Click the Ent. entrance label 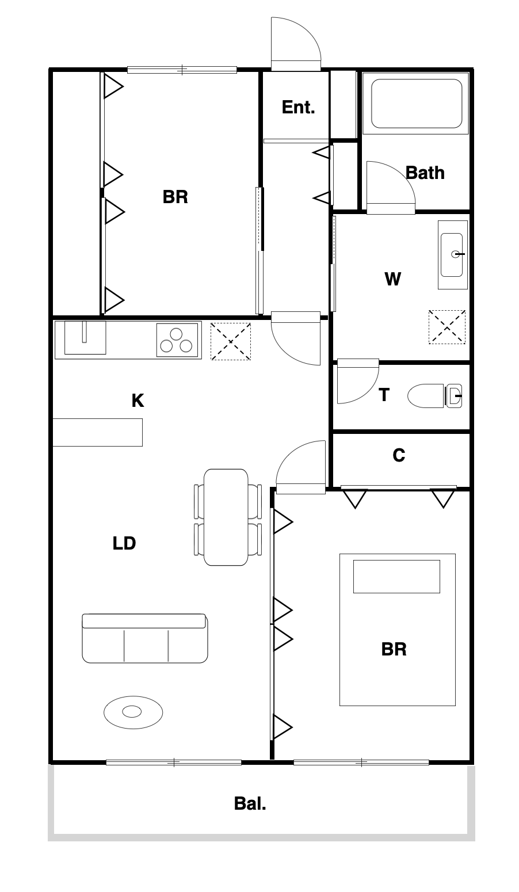[x=298, y=107]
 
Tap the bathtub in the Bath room [x=417, y=104]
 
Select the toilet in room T [x=434, y=396]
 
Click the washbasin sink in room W [x=452, y=255]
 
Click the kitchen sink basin [x=85, y=338]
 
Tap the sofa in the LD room [x=145, y=638]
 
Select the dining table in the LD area [x=226, y=517]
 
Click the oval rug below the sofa [x=133, y=712]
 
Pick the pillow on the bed [x=396, y=577]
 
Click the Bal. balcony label [x=250, y=803]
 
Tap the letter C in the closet [x=399, y=455]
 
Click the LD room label [x=124, y=543]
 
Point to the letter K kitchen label [x=138, y=401]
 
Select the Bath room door [x=391, y=188]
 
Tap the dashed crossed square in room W [x=447, y=327]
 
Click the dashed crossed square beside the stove [x=231, y=341]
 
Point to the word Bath [x=425, y=173]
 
